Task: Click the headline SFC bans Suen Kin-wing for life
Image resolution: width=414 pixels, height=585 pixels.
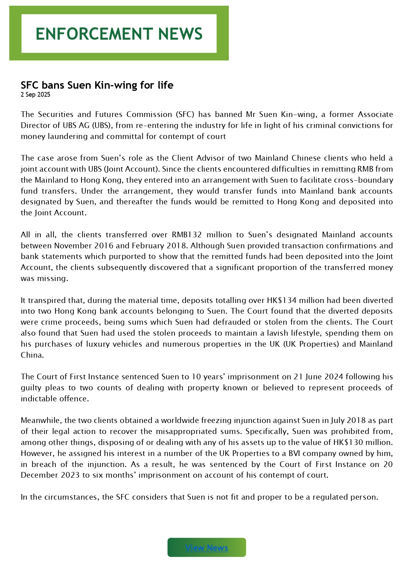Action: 97,85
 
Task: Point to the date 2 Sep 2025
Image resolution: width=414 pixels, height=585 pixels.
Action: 35,95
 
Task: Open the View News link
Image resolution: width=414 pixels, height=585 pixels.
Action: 206,548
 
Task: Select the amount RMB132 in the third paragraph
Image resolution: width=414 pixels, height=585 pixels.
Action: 187,235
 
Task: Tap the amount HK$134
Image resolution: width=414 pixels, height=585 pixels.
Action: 282,300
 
